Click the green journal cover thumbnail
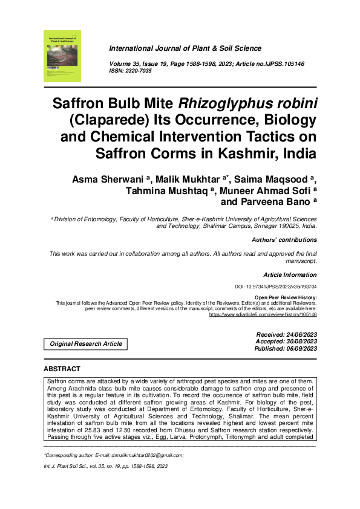click(62, 56)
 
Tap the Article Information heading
click(290, 274)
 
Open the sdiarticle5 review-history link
click(263, 314)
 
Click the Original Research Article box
click(85, 344)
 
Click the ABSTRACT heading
click(62, 369)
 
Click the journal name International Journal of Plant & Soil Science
click(185, 48)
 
